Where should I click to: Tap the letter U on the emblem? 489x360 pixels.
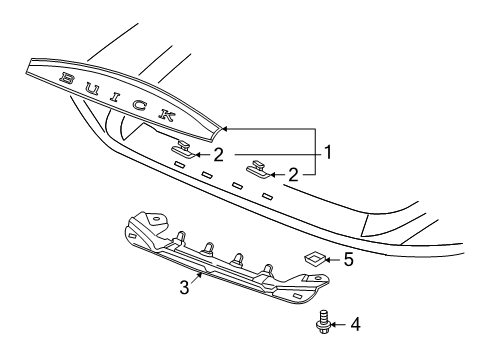[x=91, y=88]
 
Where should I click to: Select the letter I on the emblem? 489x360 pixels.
[x=115, y=97]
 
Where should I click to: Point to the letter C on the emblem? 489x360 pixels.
[x=138, y=106]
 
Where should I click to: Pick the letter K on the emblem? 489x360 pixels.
[x=165, y=115]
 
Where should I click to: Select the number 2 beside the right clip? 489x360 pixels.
[x=294, y=173]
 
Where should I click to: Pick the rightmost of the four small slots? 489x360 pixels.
[x=267, y=195]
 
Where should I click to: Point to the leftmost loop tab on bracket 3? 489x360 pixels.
[x=183, y=237]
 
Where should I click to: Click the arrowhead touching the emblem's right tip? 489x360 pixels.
[x=226, y=130]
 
